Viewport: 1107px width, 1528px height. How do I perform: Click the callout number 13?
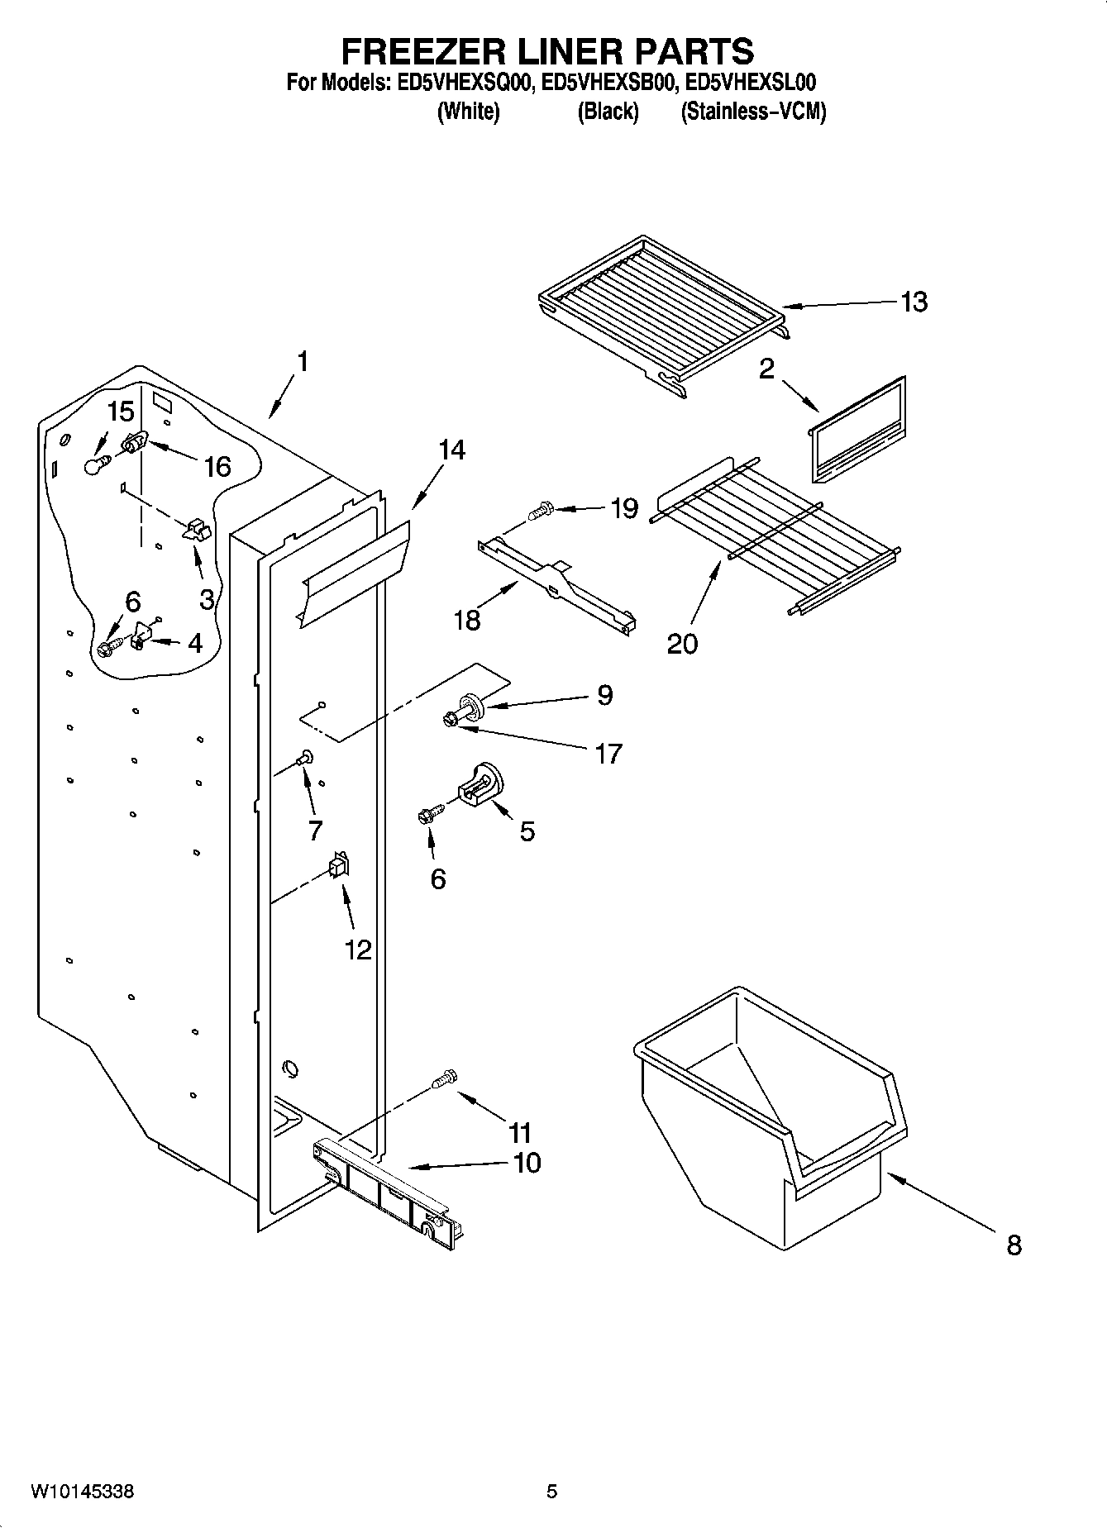(914, 302)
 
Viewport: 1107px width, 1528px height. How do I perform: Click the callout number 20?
(682, 643)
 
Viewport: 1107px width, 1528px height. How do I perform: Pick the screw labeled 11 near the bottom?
(444, 1079)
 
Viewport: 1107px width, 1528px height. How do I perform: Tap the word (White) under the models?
(468, 112)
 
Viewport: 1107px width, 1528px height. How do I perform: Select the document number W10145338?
(83, 1492)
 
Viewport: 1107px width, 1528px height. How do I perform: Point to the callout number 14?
(451, 450)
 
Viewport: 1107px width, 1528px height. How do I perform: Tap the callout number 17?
(608, 754)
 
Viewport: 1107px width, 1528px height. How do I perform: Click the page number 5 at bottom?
(551, 1492)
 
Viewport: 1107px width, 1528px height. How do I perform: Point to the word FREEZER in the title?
(417, 51)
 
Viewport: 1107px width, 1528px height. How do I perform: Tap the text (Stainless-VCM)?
(753, 112)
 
